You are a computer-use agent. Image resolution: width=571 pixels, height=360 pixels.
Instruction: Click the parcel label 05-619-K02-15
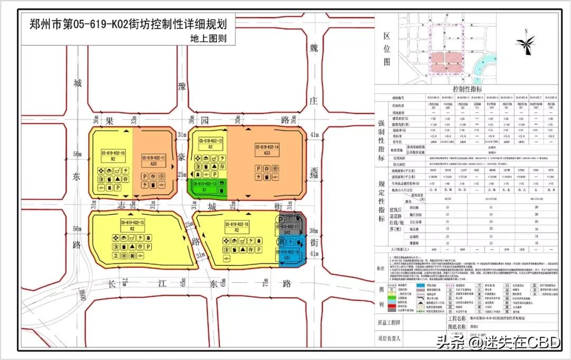(x=132, y=223)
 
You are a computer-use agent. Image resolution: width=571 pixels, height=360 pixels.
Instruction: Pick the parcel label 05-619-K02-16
(x=236, y=224)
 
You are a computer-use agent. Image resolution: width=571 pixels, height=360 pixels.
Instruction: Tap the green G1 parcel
(x=208, y=188)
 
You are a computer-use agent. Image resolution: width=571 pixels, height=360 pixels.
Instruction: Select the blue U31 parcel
(x=290, y=254)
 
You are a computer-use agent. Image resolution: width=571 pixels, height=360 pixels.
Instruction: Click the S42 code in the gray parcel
(x=287, y=233)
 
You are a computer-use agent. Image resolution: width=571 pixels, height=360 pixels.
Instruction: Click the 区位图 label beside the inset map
(x=387, y=49)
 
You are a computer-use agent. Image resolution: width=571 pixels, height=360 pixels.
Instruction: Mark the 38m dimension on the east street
(x=315, y=230)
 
